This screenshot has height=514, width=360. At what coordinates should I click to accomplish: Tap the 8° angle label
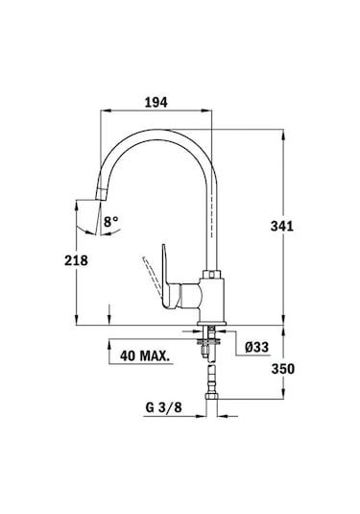pos(111,222)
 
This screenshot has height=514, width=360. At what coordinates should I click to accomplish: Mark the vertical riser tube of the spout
pos(210,211)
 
